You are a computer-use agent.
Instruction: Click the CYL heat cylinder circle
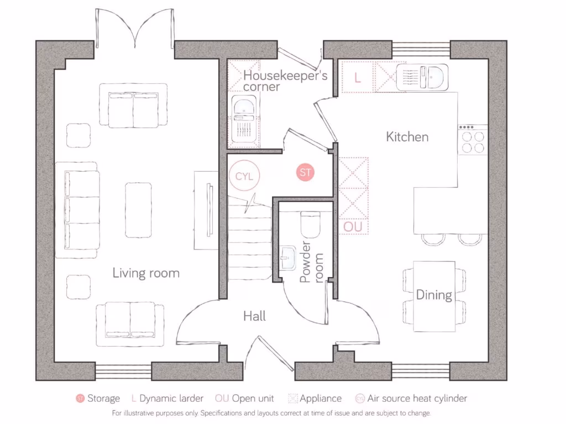244,177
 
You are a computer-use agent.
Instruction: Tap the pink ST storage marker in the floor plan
305,172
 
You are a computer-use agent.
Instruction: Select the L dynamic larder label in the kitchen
358,78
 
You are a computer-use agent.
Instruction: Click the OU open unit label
353,227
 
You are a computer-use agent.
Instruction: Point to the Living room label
146,273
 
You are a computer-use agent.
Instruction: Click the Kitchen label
407,136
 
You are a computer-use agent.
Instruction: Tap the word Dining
434,295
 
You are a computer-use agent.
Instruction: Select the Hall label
254,316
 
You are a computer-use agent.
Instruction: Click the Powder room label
311,263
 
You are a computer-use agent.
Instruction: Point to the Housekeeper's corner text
286,81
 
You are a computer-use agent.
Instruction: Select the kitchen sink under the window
422,77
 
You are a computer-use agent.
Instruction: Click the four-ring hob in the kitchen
473,141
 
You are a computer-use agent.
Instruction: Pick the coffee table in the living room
138,210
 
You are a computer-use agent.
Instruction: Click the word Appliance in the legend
321,398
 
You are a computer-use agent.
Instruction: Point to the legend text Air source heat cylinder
417,398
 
